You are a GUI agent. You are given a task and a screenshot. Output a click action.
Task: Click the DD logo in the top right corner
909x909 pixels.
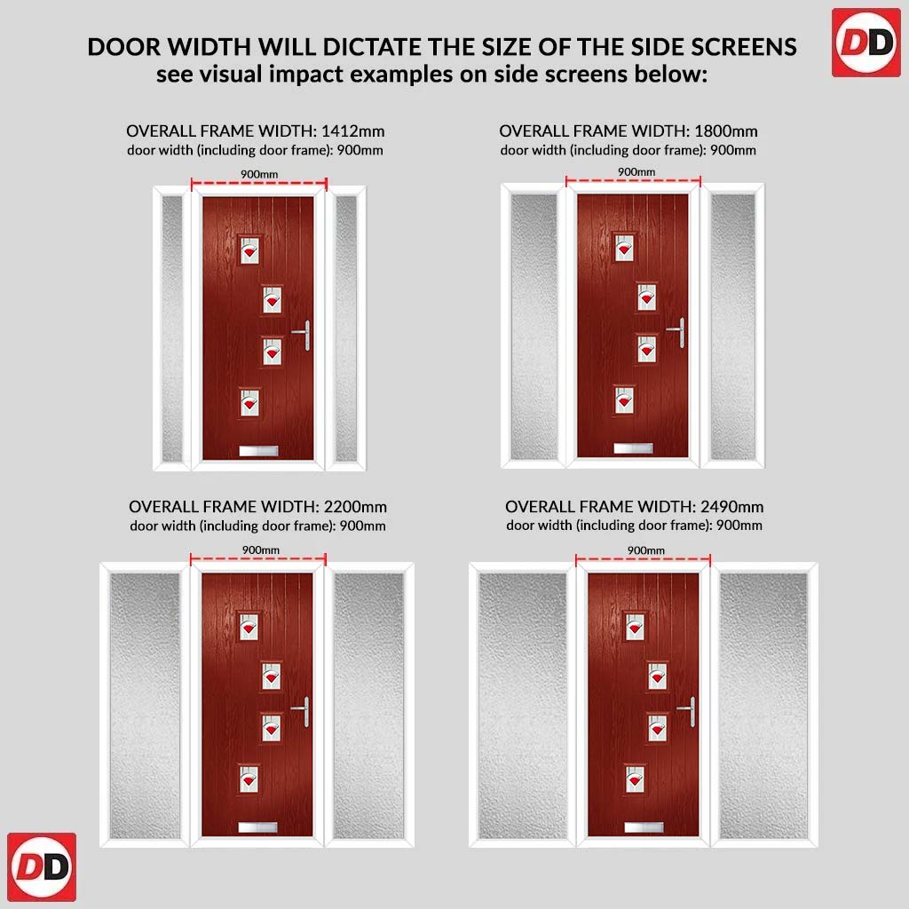click(866, 43)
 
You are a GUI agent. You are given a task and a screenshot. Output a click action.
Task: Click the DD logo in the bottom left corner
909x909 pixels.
click(42, 867)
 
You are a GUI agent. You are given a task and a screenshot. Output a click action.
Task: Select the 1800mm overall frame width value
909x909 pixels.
click(726, 131)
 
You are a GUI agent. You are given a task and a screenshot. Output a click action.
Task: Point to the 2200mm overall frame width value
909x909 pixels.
click(355, 507)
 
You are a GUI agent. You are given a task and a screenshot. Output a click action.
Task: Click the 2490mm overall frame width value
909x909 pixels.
click(731, 507)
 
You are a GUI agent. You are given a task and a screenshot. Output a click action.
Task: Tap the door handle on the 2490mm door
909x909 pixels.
click(688, 711)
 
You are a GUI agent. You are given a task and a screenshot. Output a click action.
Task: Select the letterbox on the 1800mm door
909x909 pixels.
click(633, 448)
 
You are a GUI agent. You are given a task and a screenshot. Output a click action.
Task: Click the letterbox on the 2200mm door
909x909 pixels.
click(258, 827)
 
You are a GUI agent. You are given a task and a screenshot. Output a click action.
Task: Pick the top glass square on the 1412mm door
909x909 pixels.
click(249, 249)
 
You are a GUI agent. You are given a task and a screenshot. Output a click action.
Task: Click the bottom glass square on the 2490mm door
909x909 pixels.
click(636, 779)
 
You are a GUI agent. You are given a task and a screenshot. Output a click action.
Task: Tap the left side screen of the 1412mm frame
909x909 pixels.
click(172, 328)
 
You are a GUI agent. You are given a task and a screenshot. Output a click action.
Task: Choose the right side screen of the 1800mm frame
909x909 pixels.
click(732, 327)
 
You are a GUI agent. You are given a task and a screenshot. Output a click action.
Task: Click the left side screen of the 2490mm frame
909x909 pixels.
click(522, 706)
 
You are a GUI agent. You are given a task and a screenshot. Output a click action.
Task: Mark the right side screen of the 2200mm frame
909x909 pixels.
click(368, 706)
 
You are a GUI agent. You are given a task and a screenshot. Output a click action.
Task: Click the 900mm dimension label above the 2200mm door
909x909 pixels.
click(261, 549)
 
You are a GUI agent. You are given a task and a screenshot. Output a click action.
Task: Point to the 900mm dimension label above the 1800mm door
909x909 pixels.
click(636, 171)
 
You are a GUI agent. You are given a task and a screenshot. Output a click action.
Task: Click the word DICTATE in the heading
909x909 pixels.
click(370, 47)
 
